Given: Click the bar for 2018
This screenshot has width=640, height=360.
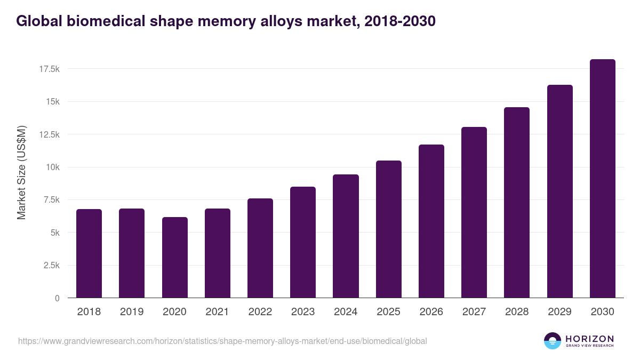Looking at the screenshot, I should click(89, 253).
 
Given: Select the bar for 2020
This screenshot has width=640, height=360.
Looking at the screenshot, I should click(174, 258).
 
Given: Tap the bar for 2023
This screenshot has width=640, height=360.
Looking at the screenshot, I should click(303, 242).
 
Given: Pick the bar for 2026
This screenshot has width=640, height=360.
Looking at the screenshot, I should click(431, 221).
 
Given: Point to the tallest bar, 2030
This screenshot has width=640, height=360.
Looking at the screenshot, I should click(603, 179).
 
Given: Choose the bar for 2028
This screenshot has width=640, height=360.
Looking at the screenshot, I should click(517, 203).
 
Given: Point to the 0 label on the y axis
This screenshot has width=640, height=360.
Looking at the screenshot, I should click(57, 298).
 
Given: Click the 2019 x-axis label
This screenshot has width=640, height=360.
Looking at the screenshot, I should click(132, 312).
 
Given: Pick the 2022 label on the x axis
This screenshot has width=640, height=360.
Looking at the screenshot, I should click(260, 312).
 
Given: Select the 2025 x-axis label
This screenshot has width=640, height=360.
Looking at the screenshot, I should click(389, 312).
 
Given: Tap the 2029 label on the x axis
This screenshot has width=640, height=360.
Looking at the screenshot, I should click(560, 312).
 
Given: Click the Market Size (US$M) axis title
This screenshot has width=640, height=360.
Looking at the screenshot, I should click(21, 172).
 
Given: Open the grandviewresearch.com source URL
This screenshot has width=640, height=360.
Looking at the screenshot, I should click(222, 341).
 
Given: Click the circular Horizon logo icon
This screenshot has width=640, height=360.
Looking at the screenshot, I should click(553, 341).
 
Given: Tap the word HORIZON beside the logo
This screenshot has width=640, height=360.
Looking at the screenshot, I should click(589, 338).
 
